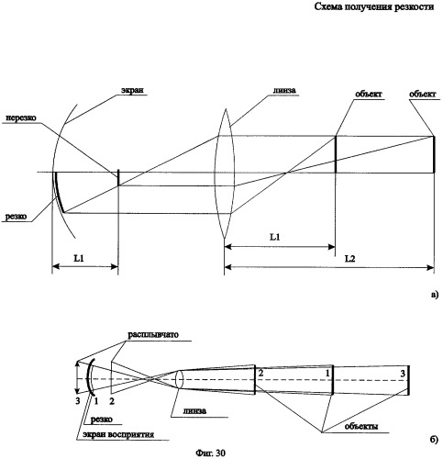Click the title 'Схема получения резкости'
(x=374, y=6)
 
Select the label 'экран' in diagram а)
(x=132, y=90)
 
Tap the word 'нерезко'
(x=20, y=118)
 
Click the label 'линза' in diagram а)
(x=284, y=90)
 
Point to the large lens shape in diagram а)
(x=225, y=173)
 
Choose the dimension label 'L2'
(x=350, y=259)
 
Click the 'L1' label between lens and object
(x=274, y=237)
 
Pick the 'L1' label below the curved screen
(x=79, y=258)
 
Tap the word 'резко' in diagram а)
(x=16, y=217)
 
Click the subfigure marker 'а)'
(x=434, y=295)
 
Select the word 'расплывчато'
(x=153, y=334)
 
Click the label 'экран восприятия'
(x=119, y=434)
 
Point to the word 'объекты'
(x=361, y=426)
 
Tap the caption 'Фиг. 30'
(x=210, y=453)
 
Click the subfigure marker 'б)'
(x=434, y=440)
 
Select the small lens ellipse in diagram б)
(x=180, y=379)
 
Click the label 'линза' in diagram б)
(x=194, y=410)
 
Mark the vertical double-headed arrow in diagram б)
(x=78, y=377)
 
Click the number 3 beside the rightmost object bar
(x=403, y=374)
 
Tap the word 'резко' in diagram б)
(x=102, y=420)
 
